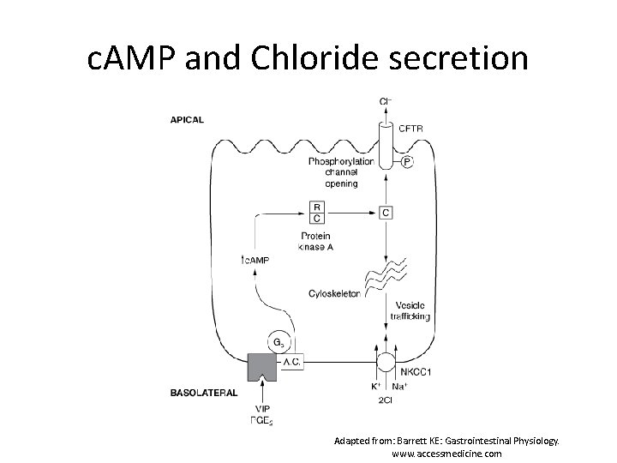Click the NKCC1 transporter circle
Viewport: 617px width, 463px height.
click(x=386, y=360)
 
